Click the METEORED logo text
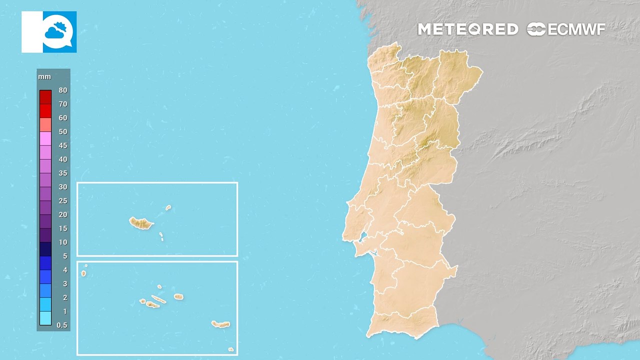click(x=467, y=29)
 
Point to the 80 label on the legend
click(x=62, y=90)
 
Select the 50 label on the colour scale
click(x=62, y=132)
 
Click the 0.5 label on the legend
click(x=62, y=325)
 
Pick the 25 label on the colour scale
click(x=62, y=201)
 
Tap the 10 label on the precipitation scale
click(x=62, y=242)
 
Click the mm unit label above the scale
click(x=42, y=77)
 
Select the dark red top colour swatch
click(x=45, y=97)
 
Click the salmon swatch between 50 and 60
click(x=45, y=125)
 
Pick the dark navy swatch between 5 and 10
click(x=45, y=249)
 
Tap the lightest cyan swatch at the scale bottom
click(x=45, y=318)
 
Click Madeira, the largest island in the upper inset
click(x=141, y=223)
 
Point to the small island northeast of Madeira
click(x=168, y=207)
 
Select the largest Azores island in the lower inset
click(x=220, y=324)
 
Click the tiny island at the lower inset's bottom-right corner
click(x=230, y=349)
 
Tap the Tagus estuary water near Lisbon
click(x=363, y=236)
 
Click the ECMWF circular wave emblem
click(x=536, y=29)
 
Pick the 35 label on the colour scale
click(x=62, y=173)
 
